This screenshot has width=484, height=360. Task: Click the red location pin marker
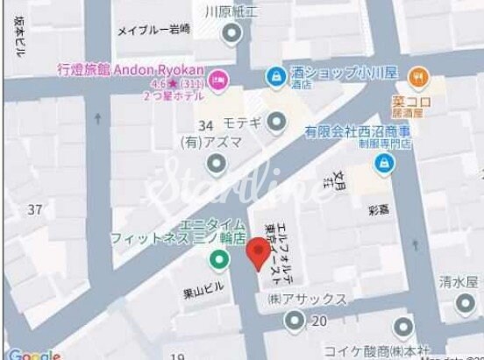click(x=256, y=253)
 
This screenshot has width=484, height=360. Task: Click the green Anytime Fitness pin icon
click(x=216, y=260)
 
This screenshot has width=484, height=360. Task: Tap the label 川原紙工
click(x=231, y=12)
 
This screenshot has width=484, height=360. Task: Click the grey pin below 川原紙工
click(x=231, y=34)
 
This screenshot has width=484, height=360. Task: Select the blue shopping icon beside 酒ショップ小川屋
click(x=276, y=76)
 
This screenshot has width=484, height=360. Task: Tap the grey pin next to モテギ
click(x=278, y=123)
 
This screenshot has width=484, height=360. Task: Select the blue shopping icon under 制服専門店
click(x=383, y=162)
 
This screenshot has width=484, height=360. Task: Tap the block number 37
click(x=35, y=209)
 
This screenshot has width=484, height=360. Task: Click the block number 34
click(x=207, y=124)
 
